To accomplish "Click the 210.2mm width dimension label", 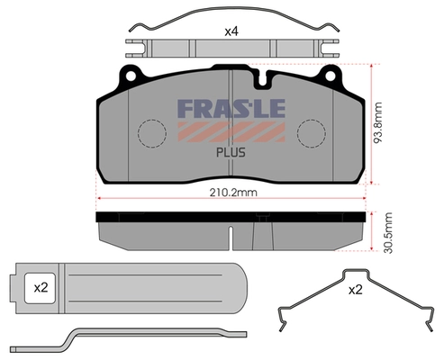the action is (233, 193).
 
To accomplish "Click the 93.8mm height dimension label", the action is (378, 122).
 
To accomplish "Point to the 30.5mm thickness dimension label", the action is (388, 233).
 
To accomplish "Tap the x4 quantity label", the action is (231, 31).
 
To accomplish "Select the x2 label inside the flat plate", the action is (41, 288).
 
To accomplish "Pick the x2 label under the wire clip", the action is (356, 290).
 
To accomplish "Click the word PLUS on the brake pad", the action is (231, 153).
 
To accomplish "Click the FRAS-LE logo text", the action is (231, 109).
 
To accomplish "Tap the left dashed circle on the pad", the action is (152, 133).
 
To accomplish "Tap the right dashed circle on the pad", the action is (312, 133).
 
